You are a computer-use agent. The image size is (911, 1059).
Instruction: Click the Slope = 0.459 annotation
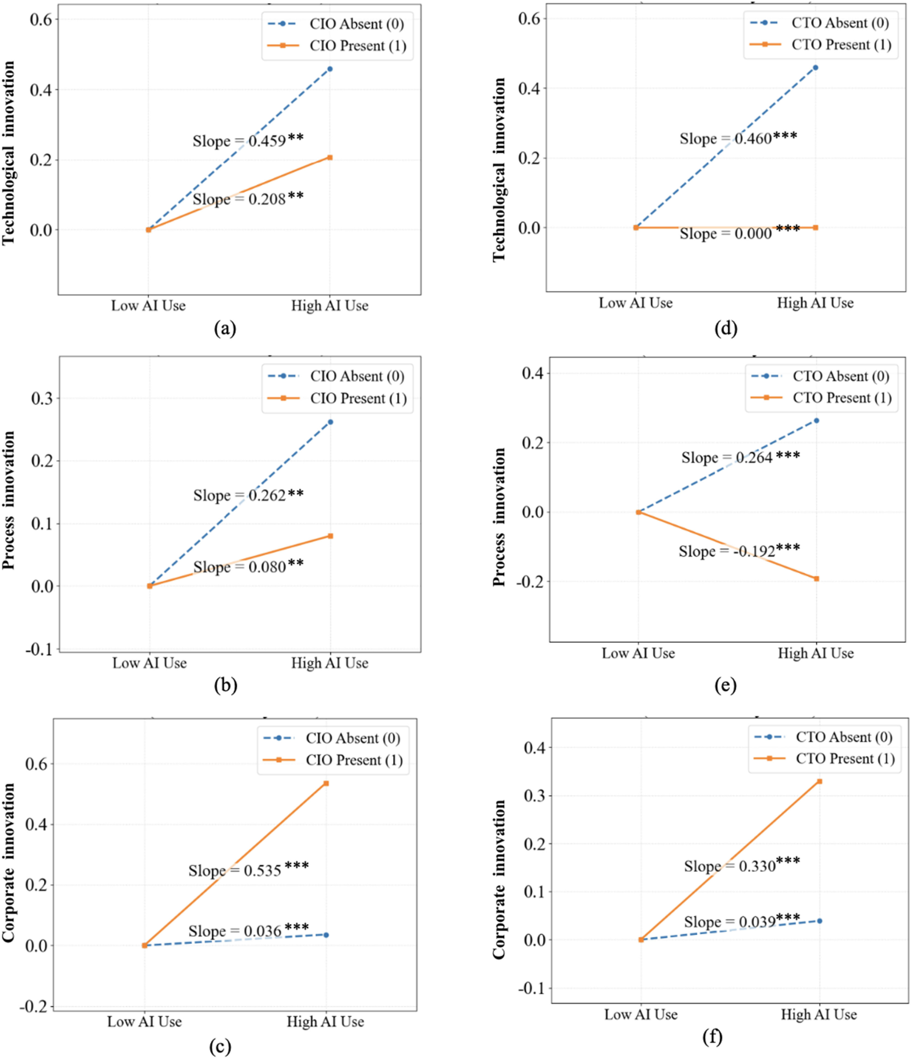pyautogui.click(x=248, y=140)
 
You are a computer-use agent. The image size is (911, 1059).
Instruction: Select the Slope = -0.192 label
pyautogui.click(x=739, y=551)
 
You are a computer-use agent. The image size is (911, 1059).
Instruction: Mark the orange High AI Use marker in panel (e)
pyautogui.click(x=816, y=579)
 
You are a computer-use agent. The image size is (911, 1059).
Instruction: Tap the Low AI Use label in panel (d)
pyautogui.click(x=635, y=303)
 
